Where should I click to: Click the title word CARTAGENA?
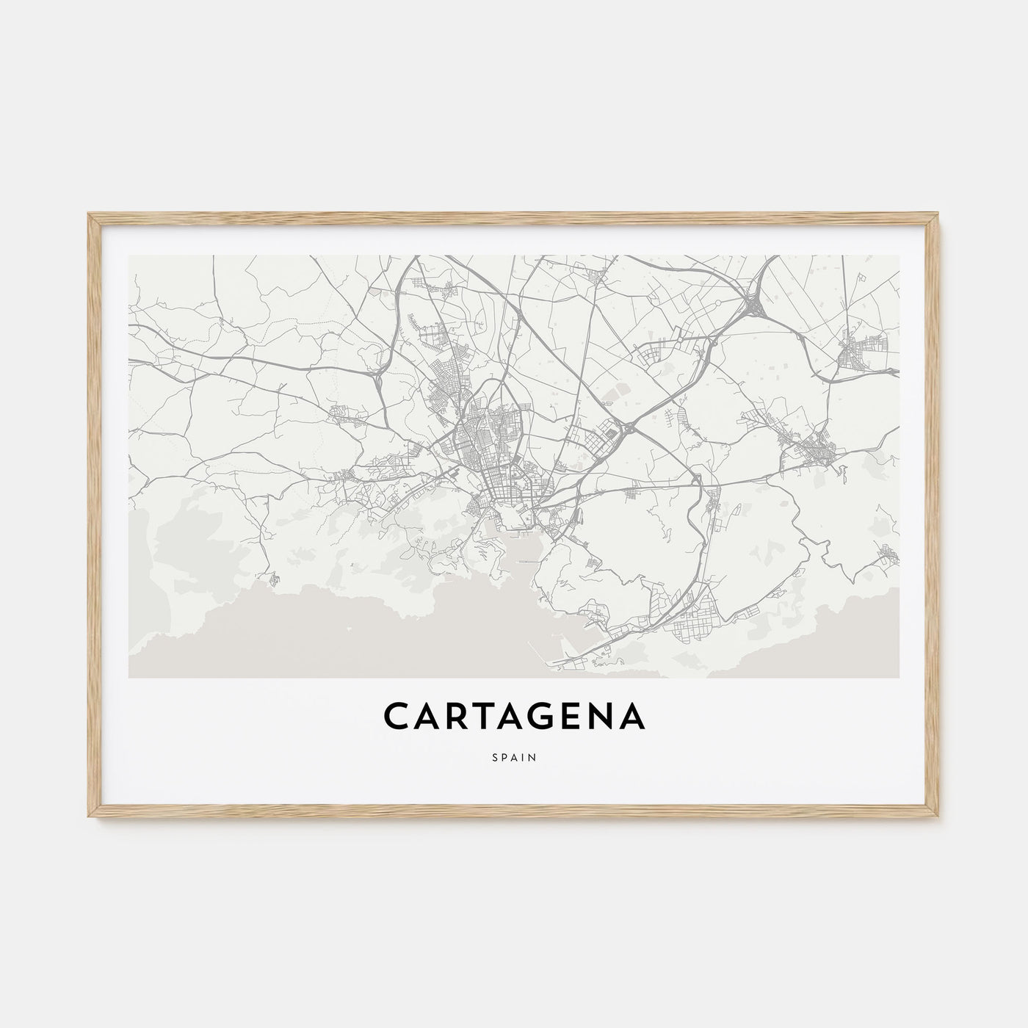[514, 717]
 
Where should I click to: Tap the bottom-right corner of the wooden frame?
[938, 819]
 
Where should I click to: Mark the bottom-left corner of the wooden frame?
[90, 819]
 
